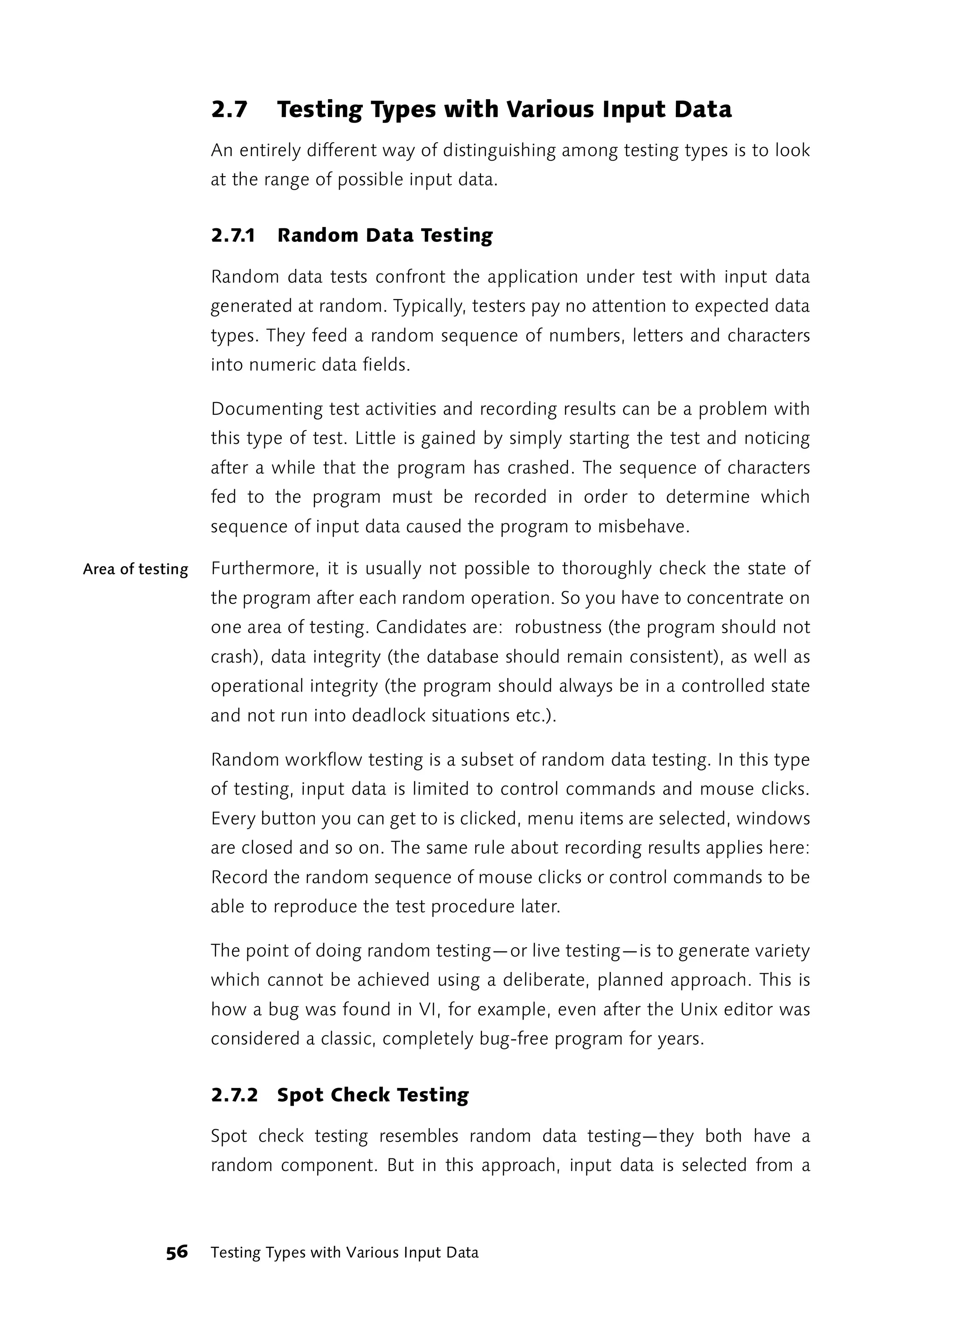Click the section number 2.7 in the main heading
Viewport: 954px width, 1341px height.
pyautogui.click(x=229, y=110)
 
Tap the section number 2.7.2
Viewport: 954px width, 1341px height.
pyautogui.click(x=234, y=1095)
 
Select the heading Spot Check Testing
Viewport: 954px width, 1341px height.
pyautogui.click(x=373, y=1095)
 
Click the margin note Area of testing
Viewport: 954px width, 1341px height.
pyautogui.click(x=136, y=569)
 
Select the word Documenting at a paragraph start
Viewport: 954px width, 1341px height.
pyautogui.click(x=267, y=409)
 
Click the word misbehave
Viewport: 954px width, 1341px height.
pyautogui.click(x=643, y=527)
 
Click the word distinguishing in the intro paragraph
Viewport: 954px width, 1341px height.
pyautogui.click(x=499, y=151)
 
